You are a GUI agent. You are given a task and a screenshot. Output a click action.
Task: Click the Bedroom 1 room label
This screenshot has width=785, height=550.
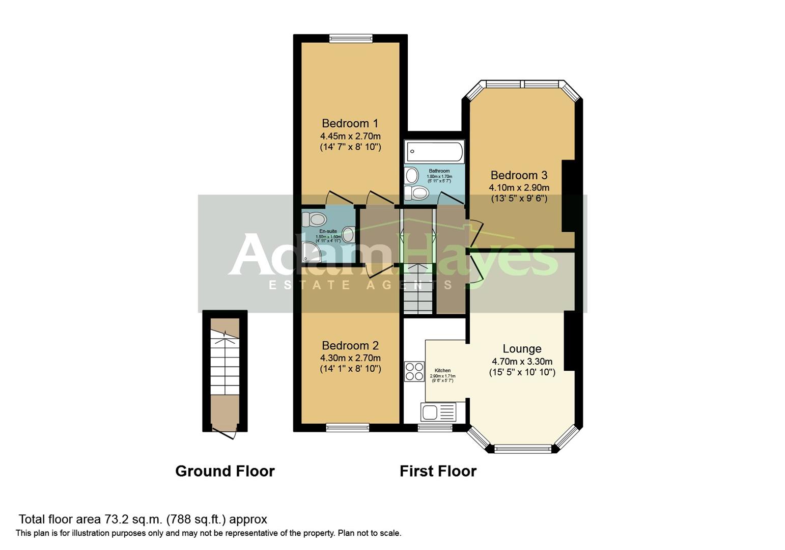pos(350,123)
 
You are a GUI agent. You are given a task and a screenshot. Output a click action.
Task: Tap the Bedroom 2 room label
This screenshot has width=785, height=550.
pos(350,346)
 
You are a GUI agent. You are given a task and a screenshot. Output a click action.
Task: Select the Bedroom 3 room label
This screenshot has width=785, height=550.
pos(519,175)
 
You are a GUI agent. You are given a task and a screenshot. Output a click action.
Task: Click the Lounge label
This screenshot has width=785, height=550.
pos(522,349)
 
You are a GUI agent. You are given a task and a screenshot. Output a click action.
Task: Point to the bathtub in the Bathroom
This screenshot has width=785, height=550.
pos(434,152)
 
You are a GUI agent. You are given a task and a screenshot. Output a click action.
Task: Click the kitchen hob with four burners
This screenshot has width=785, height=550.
pos(414,371)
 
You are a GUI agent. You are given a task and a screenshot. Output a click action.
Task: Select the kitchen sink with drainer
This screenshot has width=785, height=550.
pos(438,411)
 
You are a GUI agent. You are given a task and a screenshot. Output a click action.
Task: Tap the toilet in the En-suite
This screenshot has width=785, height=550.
pos(315,219)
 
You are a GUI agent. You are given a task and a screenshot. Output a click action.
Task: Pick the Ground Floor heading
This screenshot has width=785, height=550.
pos(225,471)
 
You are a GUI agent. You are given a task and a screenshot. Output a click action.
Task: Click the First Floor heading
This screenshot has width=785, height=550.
pos(438,471)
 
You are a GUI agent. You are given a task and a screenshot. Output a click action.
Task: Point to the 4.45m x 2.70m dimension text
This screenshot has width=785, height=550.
pos(350,136)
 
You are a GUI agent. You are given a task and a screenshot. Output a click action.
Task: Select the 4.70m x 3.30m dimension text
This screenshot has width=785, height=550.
pos(522,362)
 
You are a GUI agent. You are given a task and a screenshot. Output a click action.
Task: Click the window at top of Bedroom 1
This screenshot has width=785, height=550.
pos(351,38)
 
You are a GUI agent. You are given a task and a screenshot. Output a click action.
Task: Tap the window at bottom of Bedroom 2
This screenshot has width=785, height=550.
pos(348,428)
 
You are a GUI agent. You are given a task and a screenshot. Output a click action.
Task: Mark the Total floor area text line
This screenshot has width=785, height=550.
pos(143,519)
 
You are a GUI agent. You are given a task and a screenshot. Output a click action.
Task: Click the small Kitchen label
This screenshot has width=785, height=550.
pos(442,370)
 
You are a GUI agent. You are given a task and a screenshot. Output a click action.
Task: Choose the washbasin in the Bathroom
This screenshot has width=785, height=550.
pos(411,176)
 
